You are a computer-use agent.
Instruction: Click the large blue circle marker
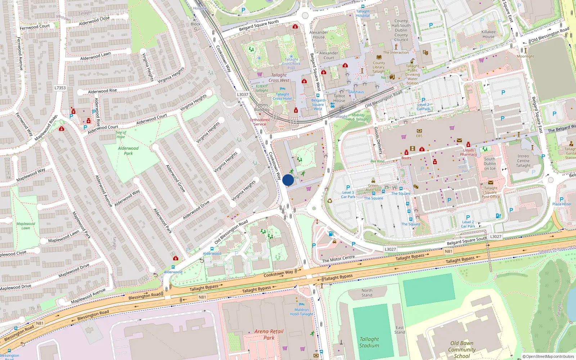pyautogui.click(x=288, y=180)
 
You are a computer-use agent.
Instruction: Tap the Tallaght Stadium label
pyautogui.click(x=369, y=342)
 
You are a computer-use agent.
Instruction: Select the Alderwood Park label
pyautogui.click(x=128, y=151)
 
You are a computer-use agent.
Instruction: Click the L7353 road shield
pyautogui.click(x=60, y=88)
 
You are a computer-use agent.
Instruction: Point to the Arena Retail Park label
pyautogui.click(x=269, y=334)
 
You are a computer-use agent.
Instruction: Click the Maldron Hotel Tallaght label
pyautogui.click(x=302, y=312)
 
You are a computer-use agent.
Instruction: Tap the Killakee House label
pyautogui.click(x=489, y=34)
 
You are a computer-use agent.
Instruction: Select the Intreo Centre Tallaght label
pyautogui.click(x=523, y=161)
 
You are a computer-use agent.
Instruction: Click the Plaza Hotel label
pyautogui.click(x=562, y=204)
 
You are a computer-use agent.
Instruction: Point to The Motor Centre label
pyautogui.click(x=338, y=259)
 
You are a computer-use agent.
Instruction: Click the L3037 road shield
pyautogui.click(x=243, y=95)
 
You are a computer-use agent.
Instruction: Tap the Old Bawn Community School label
pyautogui.click(x=462, y=350)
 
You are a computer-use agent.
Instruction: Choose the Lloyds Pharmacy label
pyautogui.click(x=468, y=152)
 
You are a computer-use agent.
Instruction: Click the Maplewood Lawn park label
pyautogui.click(x=26, y=226)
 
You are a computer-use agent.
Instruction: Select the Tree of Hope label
pyautogui.click(x=121, y=135)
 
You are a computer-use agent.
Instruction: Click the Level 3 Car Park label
pyautogui.click(x=348, y=195)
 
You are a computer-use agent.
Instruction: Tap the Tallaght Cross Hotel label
pyautogui.click(x=283, y=96)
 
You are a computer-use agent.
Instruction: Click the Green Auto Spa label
pyautogui.click(x=373, y=188)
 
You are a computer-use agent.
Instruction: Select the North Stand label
pyautogui.click(x=367, y=293)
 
